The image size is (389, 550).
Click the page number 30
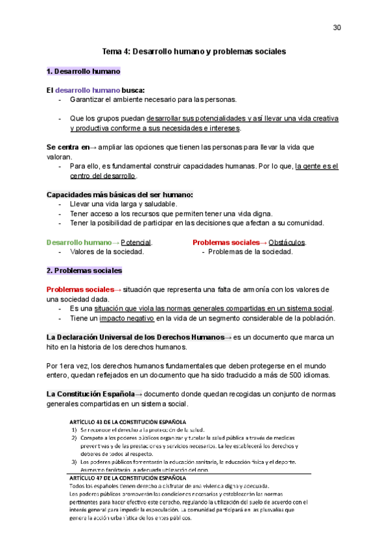[x=336, y=27]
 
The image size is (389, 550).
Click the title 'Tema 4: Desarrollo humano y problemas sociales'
[x=194, y=50]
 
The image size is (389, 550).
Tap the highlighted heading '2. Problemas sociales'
[x=84, y=270]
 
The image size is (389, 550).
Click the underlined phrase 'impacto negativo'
[x=126, y=318]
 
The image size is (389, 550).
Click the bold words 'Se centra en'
[x=68, y=147]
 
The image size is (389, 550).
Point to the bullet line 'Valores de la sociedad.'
[x=106, y=252]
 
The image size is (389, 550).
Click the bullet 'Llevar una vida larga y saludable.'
[x=123, y=204]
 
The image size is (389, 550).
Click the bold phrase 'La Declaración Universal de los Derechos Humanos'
[x=134, y=337]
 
